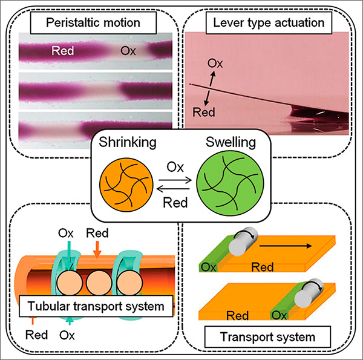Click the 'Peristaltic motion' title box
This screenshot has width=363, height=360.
click(x=94, y=24)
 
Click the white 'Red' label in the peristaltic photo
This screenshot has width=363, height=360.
click(x=62, y=51)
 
